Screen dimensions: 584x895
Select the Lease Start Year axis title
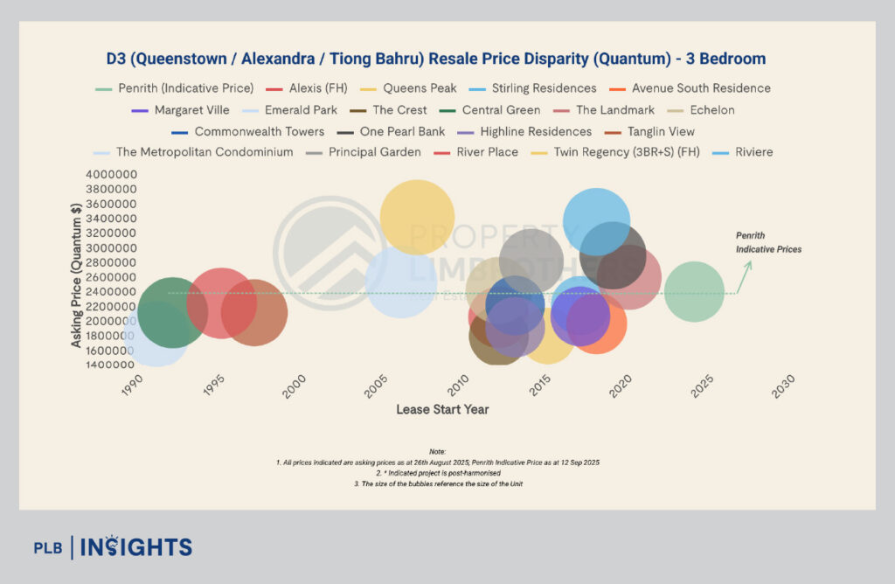[x=442, y=409]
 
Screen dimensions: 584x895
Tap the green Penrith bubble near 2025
[x=694, y=292]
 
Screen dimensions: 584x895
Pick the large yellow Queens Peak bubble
[x=417, y=216]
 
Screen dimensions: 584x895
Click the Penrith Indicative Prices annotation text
[x=768, y=243]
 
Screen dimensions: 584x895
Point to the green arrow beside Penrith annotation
[x=744, y=275]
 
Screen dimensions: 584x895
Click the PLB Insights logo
[x=113, y=547]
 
